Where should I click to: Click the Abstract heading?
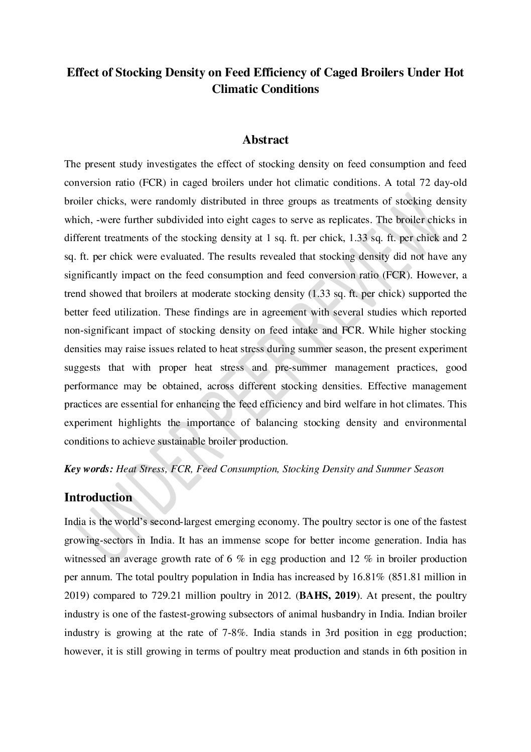265,140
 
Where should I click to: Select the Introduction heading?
98,497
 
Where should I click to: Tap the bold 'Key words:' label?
88,469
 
